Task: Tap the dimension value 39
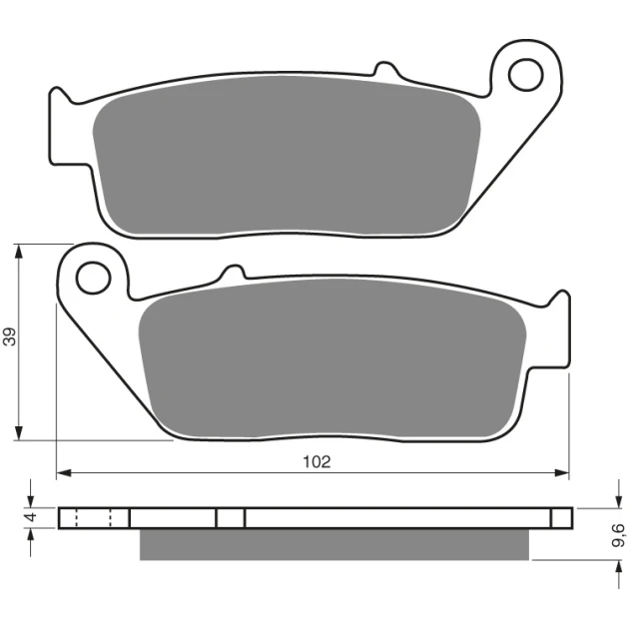tap(10, 336)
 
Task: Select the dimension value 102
tap(316, 462)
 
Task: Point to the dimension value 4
tap(31, 517)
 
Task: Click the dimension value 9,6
tap(618, 535)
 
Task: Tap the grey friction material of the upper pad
tap(287, 156)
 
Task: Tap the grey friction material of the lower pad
tap(332, 358)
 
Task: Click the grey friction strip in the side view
tap(334, 544)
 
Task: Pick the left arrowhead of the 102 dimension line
tap(63, 473)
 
